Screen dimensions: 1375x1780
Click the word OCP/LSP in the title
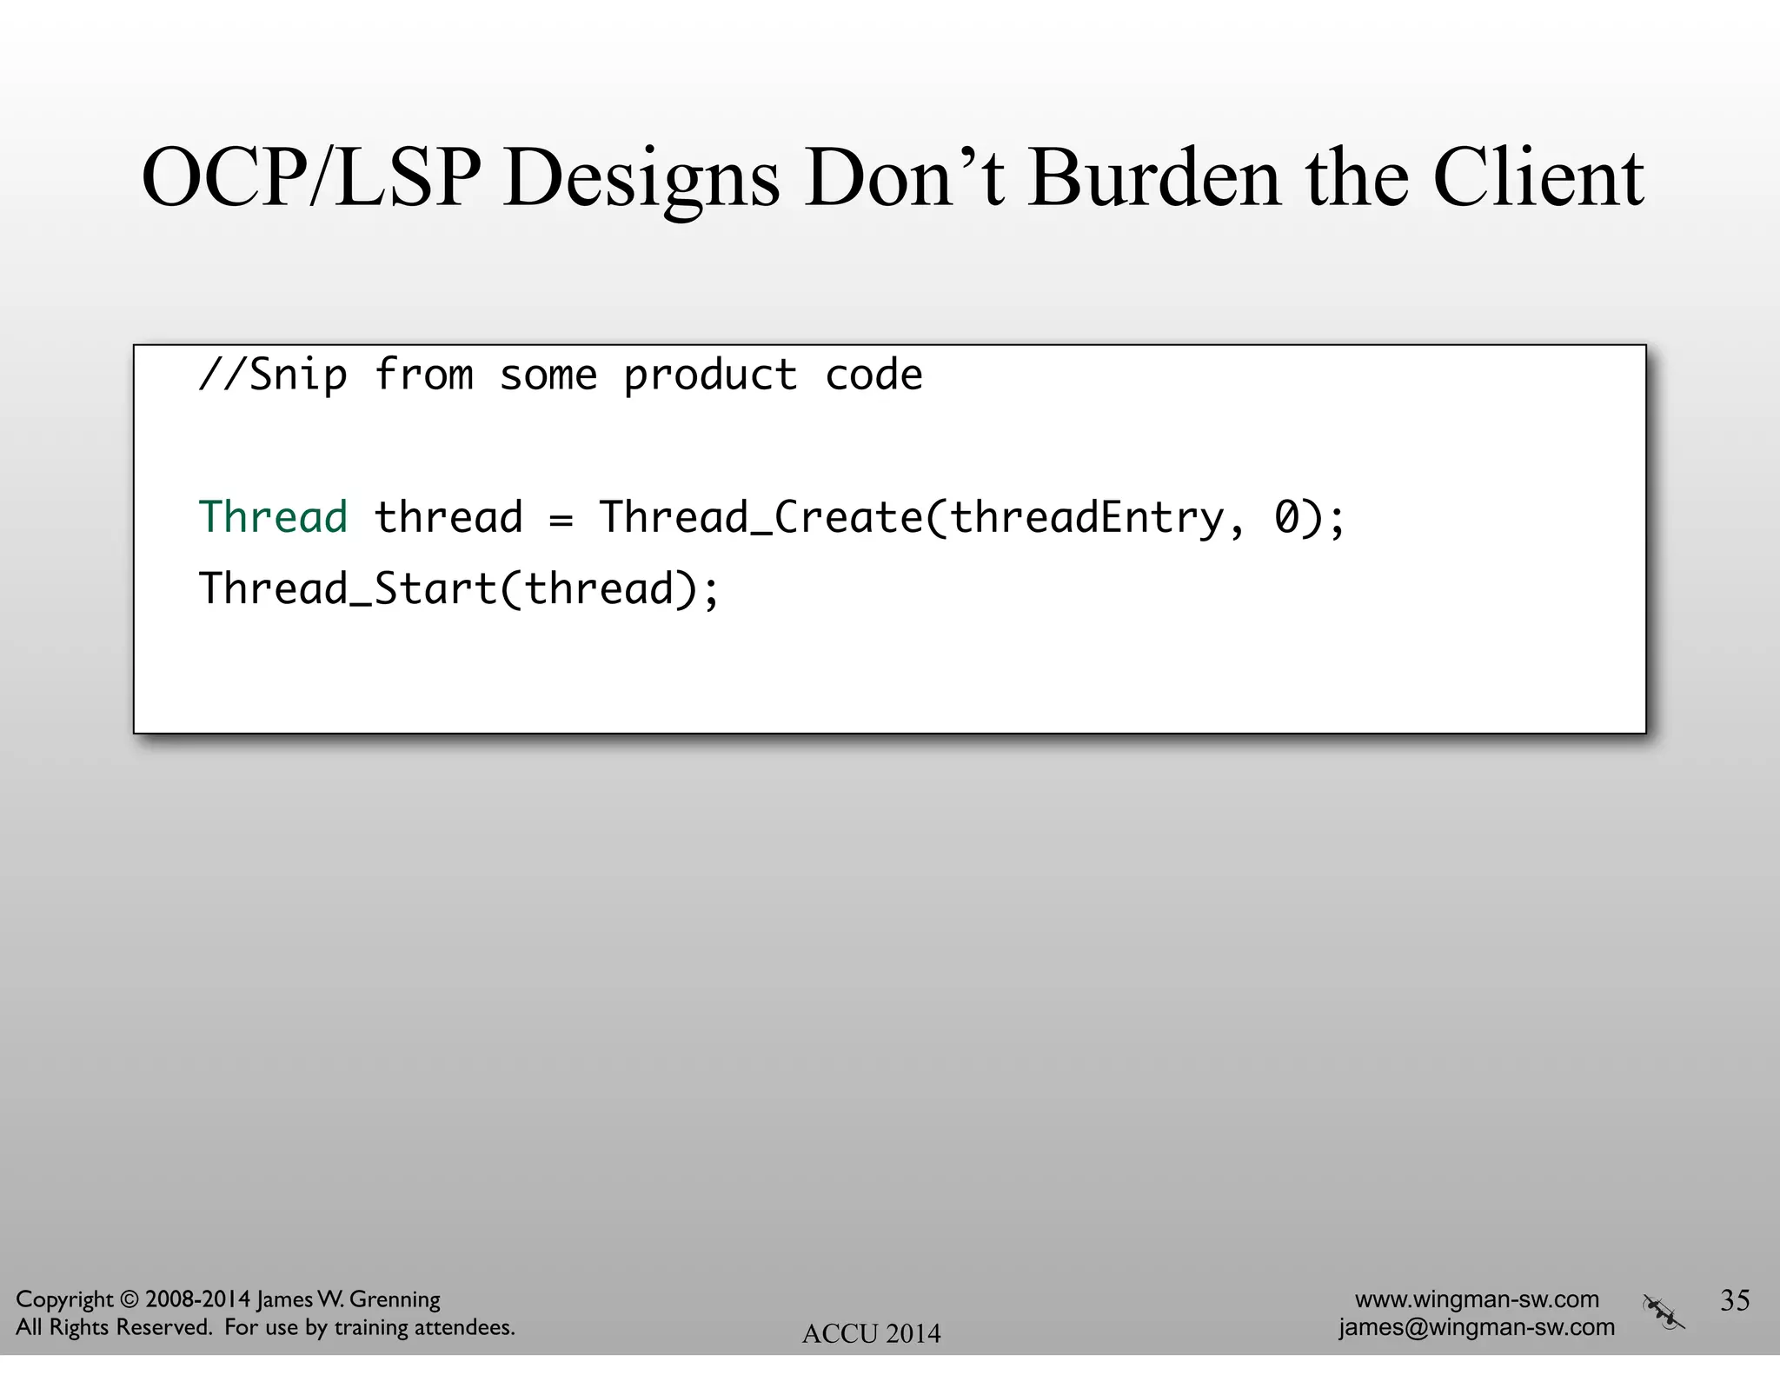point(310,178)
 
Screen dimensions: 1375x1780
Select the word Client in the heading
point(1538,178)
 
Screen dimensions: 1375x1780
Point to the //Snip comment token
point(273,376)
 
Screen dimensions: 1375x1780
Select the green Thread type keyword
point(273,517)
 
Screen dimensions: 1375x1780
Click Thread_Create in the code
point(760,519)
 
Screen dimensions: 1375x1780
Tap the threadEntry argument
point(1086,519)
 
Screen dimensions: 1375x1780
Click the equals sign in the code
point(561,521)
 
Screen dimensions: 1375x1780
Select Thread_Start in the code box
point(348,589)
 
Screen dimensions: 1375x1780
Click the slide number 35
point(1735,1299)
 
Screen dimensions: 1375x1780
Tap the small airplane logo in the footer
point(1663,1312)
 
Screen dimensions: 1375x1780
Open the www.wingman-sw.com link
point(1477,1299)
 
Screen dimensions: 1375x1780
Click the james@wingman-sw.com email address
point(1477,1327)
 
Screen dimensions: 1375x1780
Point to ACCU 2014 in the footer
point(871,1333)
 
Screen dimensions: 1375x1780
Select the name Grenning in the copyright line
point(395,1300)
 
